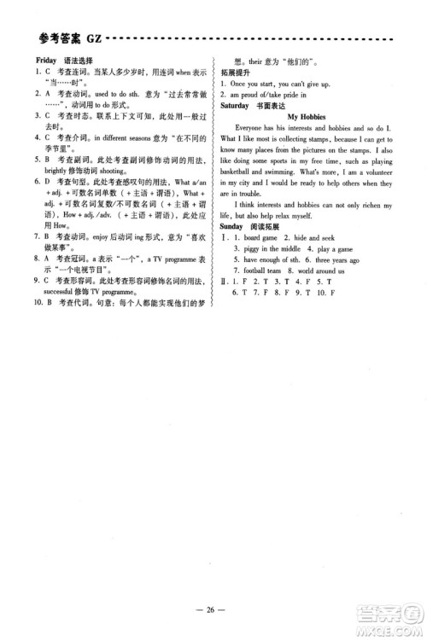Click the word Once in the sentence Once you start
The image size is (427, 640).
click(241, 84)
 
